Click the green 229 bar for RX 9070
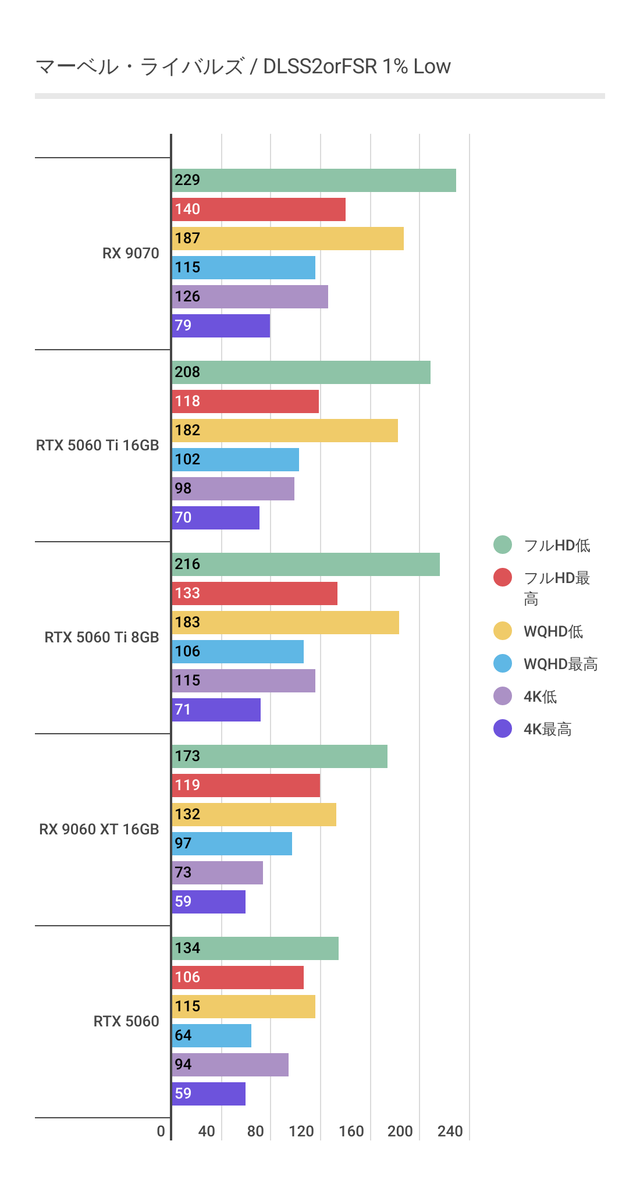pyautogui.click(x=314, y=180)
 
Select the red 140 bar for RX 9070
pyautogui.click(x=259, y=209)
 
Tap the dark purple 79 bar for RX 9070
pyautogui.click(x=221, y=326)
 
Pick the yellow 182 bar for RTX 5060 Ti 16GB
pyautogui.click(x=285, y=431)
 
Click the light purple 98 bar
pyautogui.click(x=233, y=489)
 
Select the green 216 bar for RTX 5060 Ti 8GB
pyautogui.click(x=306, y=564)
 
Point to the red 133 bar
pyautogui.click(x=255, y=593)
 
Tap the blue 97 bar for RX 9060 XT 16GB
pyautogui.click(x=232, y=844)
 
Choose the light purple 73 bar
pyautogui.click(x=218, y=873)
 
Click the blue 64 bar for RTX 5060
pyautogui.click(x=212, y=1036)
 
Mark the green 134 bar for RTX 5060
pyautogui.click(x=255, y=948)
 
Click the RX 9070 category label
pyautogui.click(x=130, y=254)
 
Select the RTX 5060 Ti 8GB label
pyautogui.click(x=101, y=638)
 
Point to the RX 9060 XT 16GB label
pyautogui.click(x=99, y=830)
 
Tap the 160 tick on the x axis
pyautogui.click(x=351, y=1132)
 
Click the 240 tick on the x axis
pyautogui.click(x=450, y=1132)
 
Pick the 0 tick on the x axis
pyautogui.click(x=161, y=1132)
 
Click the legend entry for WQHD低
pyautogui.click(x=553, y=631)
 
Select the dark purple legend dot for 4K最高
pyautogui.click(x=503, y=728)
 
